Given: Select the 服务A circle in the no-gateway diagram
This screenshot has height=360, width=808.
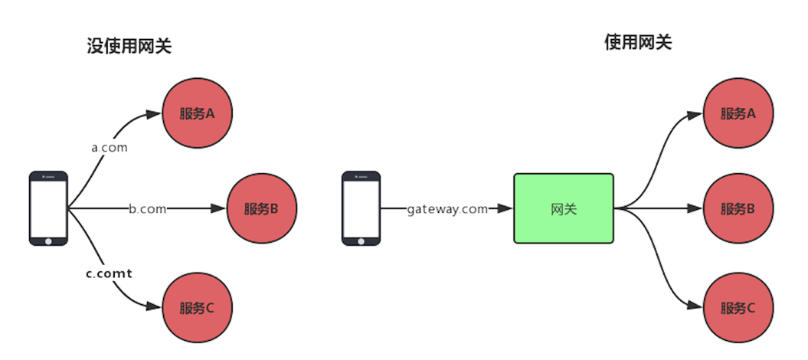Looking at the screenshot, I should [197, 113].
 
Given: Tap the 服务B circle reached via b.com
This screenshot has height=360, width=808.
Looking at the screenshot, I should [261, 208].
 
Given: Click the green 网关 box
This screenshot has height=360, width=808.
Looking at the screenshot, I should [563, 208].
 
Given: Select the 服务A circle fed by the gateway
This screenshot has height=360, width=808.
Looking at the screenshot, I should [738, 113].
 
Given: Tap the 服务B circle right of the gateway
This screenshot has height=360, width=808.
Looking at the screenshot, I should [738, 208].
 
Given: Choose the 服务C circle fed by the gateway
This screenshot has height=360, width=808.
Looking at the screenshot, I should [738, 309].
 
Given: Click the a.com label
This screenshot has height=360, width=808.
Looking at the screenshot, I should [109, 147].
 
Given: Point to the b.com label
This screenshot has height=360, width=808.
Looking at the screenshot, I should [147, 208].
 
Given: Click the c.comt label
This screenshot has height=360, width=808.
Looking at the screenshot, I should [108, 273].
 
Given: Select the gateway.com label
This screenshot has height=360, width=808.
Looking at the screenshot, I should [447, 208].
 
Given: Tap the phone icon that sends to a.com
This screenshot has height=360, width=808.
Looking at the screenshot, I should [48, 208].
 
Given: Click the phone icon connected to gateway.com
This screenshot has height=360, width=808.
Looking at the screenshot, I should [361, 208].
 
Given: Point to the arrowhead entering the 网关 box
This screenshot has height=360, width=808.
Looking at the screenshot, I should [505, 208].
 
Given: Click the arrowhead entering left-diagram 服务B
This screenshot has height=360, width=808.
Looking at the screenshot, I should [220, 208].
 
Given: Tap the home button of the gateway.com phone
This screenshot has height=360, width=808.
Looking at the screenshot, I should [361, 241].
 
